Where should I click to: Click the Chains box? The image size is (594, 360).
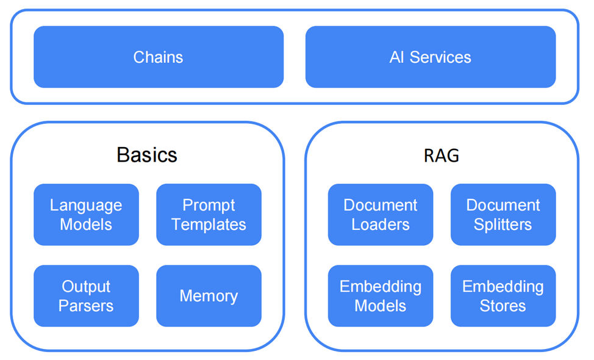click(159, 57)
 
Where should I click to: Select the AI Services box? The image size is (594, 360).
click(431, 57)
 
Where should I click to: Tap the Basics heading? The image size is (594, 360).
click(147, 154)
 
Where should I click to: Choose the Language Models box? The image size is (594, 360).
click(86, 215)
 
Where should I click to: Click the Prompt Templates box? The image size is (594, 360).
click(209, 215)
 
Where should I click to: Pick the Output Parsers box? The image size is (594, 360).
click(86, 295)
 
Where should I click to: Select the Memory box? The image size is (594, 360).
click(209, 295)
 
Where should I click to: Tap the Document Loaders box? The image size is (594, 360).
click(381, 215)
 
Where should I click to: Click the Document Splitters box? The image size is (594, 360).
click(503, 215)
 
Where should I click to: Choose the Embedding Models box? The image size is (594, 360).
click(381, 295)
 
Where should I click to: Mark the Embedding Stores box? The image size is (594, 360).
click(503, 295)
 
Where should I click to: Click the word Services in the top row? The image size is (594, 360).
click(440, 57)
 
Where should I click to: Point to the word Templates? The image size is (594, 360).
click(209, 225)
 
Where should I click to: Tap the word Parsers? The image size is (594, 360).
click(86, 306)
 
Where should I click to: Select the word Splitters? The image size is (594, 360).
click(503, 225)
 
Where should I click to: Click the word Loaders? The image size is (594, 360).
click(381, 225)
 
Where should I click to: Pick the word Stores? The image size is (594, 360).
click(503, 306)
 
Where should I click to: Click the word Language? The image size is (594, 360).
click(86, 206)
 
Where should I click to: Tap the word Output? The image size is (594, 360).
click(86, 287)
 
